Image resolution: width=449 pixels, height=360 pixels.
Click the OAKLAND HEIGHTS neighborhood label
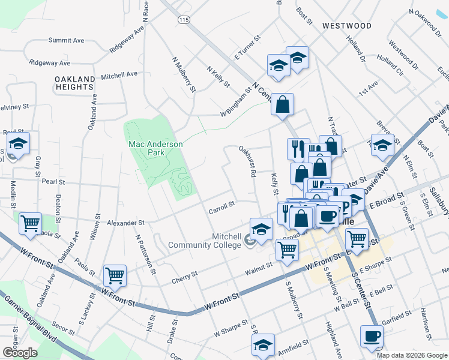point(75,83)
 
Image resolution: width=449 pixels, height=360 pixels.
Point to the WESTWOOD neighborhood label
point(346,26)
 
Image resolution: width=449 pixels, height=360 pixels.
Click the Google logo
point(20,352)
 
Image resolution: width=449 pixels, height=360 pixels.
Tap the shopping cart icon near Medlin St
point(30,224)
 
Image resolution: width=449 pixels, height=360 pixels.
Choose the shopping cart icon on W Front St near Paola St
point(115,275)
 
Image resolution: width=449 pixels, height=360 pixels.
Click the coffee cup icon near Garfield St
point(371,336)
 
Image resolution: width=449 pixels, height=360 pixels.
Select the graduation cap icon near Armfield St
point(263,345)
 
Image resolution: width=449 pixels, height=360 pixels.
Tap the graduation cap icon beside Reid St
point(19,143)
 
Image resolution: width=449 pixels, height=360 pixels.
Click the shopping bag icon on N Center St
point(282,104)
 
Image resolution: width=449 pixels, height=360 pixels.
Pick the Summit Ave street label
point(66,40)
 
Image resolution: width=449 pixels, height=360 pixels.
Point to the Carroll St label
point(221,207)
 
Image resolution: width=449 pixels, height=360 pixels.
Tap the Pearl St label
point(53,181)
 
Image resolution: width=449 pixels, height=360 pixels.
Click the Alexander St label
point(122,223)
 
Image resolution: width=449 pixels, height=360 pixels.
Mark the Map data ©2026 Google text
point(412,355)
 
